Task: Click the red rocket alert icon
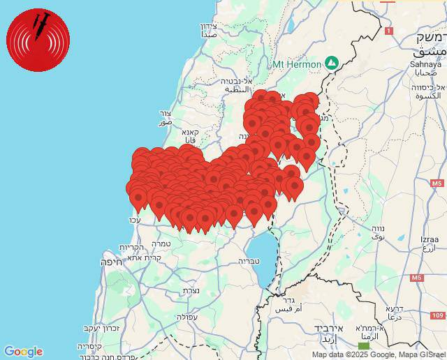pos(38,40)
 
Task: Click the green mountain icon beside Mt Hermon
pos(331,63)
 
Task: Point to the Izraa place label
pos(429,239)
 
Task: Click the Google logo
pos(23,352)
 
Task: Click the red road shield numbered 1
pos(388,31)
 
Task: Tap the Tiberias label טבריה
pos(249,262)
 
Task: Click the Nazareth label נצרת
pos(191,290)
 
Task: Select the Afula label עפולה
pos(186,316)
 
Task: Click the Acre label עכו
pos(135,220)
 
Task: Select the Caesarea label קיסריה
pos(89,346)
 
